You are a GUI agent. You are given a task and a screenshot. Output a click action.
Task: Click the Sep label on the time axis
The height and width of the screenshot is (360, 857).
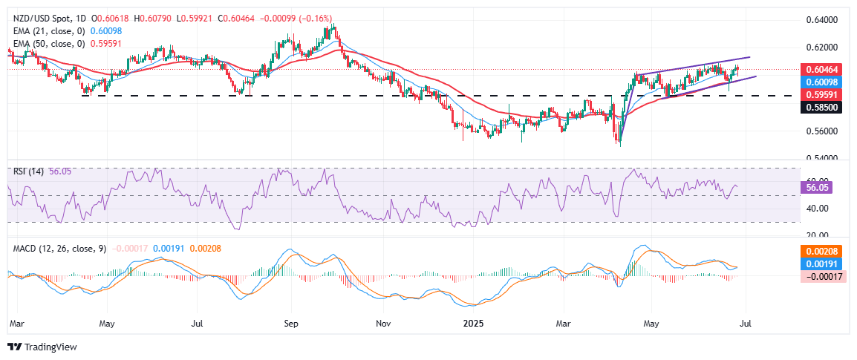pos(290,324)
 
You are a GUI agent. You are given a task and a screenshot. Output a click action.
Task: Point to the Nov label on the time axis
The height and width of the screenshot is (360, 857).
pos(382,324)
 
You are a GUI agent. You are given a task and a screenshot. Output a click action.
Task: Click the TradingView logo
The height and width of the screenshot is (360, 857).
pos(42,347)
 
